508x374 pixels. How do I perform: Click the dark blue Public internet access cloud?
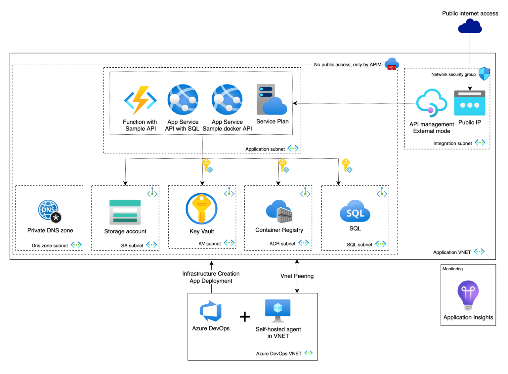click(470, 26)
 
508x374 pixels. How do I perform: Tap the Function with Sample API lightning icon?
click(140, 100)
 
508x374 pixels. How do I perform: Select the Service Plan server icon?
click(272, 100)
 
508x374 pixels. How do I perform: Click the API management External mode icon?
click(431, 103)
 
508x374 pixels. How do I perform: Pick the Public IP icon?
click(469, 103)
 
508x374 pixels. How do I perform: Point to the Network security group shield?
click(484, 74)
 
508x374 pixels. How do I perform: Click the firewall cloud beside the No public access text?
click(392, 64)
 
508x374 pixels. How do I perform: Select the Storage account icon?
click(125, 212)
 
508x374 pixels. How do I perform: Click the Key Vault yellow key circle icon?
click(201, 209)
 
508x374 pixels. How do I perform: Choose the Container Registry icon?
click(279, 211)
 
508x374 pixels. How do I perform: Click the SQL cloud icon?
click(355, 211)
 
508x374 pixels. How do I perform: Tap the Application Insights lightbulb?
click(468, 294)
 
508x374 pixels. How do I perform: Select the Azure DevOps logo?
click(211, 311)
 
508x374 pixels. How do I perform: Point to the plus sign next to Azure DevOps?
click(245, 317)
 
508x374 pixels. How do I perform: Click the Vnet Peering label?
click(297, 276)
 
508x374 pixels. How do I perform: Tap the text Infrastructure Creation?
click(211, 274)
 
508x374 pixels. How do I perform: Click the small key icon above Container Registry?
click(283, 165)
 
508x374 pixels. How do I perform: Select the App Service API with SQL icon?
click(183, 100)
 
